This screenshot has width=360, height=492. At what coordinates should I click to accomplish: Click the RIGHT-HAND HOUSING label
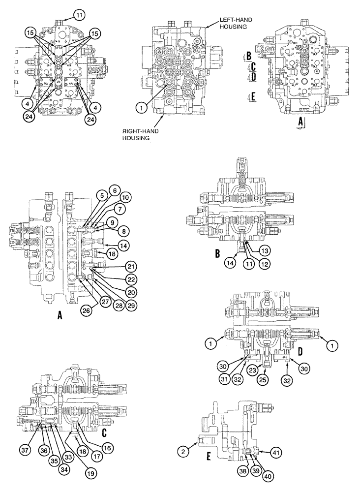(139, 134)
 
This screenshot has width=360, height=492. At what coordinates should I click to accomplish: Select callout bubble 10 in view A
(125, 197)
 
